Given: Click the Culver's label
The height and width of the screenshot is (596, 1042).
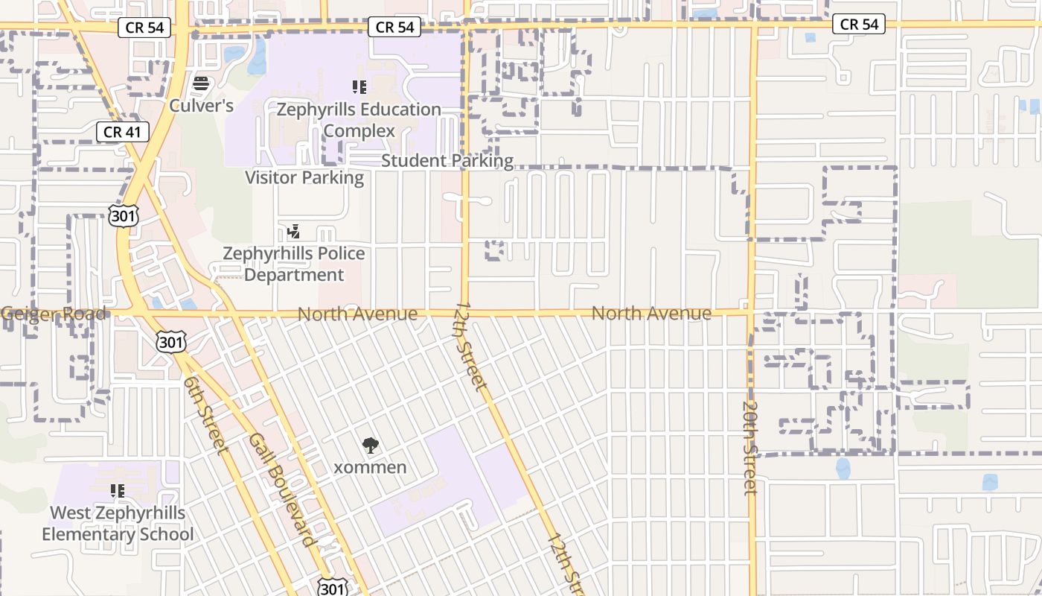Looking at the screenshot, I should pos(201,105).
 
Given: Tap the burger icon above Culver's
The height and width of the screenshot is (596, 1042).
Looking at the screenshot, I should pos(200,83).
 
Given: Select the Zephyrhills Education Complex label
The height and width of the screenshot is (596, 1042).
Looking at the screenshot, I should pos(359,120).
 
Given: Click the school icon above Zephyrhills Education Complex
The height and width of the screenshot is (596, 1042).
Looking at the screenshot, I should pos(360,87).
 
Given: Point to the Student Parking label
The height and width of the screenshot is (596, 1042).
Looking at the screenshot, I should pos(447,161).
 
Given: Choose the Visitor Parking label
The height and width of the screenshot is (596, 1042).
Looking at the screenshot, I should pos(304,177).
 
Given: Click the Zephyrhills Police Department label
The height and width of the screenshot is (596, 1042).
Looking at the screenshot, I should pos(294,264).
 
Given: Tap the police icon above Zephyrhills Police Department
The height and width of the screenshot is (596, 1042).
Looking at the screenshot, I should pos(293,231).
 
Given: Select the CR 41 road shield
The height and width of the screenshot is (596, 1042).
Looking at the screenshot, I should pos(123,133).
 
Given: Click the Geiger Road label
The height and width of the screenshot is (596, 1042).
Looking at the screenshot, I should pos(54,314).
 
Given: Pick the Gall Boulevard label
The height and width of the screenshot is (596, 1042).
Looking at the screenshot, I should pos(284,489).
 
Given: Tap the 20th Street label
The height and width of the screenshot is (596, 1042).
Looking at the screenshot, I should pos(749,448).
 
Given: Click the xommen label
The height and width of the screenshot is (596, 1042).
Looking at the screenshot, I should pos(370,468).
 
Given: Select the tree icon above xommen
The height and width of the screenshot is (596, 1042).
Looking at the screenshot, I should pos(370,446).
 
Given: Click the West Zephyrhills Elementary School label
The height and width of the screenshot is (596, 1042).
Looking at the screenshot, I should pos(118,524).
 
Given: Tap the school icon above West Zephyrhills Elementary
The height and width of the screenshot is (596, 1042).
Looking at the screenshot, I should pos(117,491).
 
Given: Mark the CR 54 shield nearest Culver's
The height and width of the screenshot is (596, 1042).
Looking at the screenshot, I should pos(144,28).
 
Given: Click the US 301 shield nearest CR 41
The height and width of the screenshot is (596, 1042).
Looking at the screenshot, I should pos(123,216).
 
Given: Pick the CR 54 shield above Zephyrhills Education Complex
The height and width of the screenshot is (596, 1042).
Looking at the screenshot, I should pos(394,28).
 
